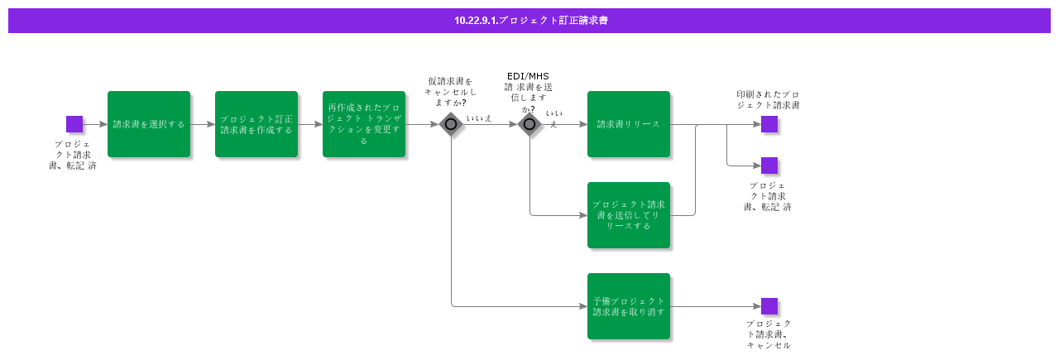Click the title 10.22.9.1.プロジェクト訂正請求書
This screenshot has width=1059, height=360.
pos(530,21)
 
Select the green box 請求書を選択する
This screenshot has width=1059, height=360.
pos(149,124)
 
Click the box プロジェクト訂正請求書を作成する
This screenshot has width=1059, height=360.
pos(256,124)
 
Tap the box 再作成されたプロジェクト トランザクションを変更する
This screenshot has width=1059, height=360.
pos(364,124)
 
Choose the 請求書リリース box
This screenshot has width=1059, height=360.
pos(629,124)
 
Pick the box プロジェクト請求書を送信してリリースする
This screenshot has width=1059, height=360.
pos(629,215)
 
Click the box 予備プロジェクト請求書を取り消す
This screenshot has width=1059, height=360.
pos(629,306)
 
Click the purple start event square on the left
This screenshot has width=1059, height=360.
pos(74,124)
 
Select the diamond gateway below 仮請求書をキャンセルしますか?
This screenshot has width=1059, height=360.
pos(451,124)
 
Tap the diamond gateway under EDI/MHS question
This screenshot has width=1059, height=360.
pos(529,124)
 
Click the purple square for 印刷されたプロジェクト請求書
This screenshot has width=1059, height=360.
pos(769,124)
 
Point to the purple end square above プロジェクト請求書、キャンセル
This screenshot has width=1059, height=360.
pos(769,306)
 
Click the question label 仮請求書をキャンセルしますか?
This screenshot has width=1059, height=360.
pos(450,92)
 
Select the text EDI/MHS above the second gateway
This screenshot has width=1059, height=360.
pos(528,76)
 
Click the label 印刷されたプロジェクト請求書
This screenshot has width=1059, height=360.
pos(768,99)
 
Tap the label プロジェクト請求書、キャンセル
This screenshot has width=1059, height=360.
pos(769,334)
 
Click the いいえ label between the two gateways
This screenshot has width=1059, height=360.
pos(479,118)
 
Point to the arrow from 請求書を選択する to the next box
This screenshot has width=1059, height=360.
pos(203,124)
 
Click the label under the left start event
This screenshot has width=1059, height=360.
pos(72,155)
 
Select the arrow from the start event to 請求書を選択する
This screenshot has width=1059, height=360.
pos(94,124)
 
